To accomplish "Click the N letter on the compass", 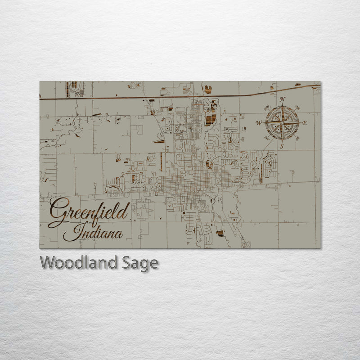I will [282, 99].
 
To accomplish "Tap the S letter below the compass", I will [282, 147].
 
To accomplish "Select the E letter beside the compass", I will [305, 123].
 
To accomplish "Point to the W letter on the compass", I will [258, 123].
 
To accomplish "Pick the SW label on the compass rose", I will [267, 138].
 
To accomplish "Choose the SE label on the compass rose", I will [297, 138].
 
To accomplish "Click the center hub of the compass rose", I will [282, 123].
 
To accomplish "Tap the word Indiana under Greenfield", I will [93, 234].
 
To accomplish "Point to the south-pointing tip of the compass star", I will [282, 141].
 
